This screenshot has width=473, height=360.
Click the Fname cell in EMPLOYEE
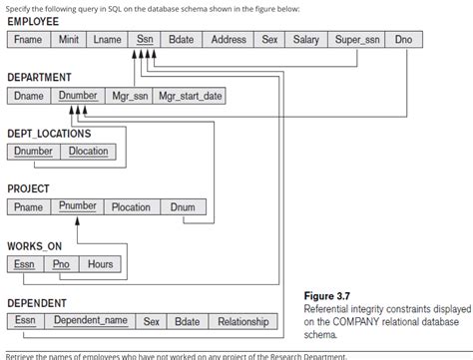coord(28,40)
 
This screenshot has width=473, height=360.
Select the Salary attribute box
coord(305,40)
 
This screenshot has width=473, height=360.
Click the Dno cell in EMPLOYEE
coord(402,40)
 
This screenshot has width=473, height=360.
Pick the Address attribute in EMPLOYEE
coord(229,40)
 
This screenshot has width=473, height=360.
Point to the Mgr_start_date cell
coord(191,97)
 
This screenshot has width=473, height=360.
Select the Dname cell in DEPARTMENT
coord(28,97)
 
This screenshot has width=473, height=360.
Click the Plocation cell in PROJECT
coord(131,207)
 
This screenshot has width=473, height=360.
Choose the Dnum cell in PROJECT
coord(183,207)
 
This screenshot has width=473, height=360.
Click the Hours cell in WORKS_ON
coord(100,264)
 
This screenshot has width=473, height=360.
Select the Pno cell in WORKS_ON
coord(61,264)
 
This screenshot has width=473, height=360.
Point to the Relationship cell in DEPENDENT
coord(242,321)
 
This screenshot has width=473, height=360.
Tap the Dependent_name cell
coord(91,321)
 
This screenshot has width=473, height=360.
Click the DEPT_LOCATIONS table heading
coord(49,133)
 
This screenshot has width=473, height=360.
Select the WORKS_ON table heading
coord(34,245)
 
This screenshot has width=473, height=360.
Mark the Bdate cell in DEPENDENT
coord(187,321)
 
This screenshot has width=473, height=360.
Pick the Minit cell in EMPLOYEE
coord(69,40)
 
